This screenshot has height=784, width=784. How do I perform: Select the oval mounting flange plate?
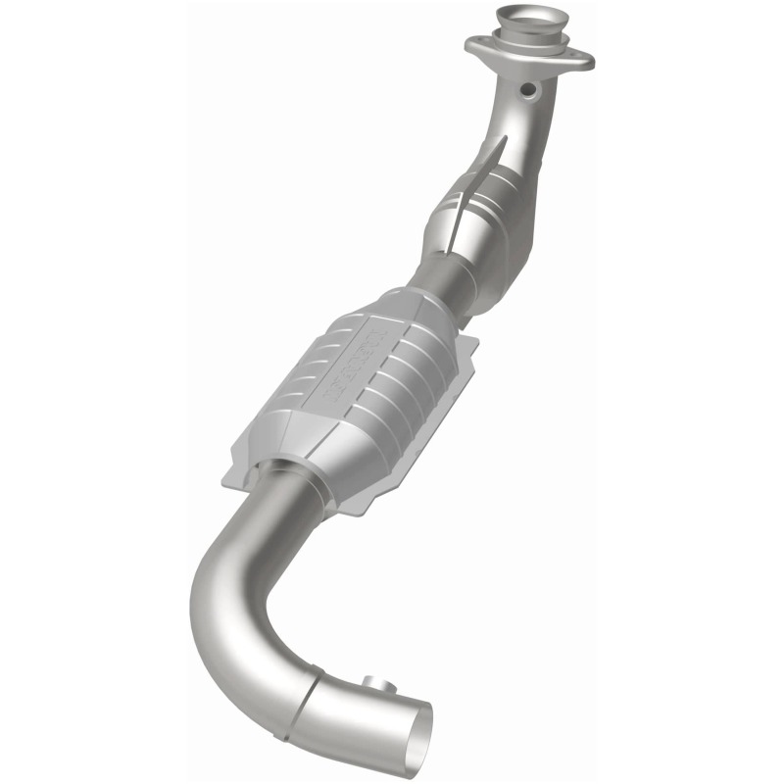click(530, 54)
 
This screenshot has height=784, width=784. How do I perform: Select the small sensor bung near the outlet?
click(371, 682)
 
